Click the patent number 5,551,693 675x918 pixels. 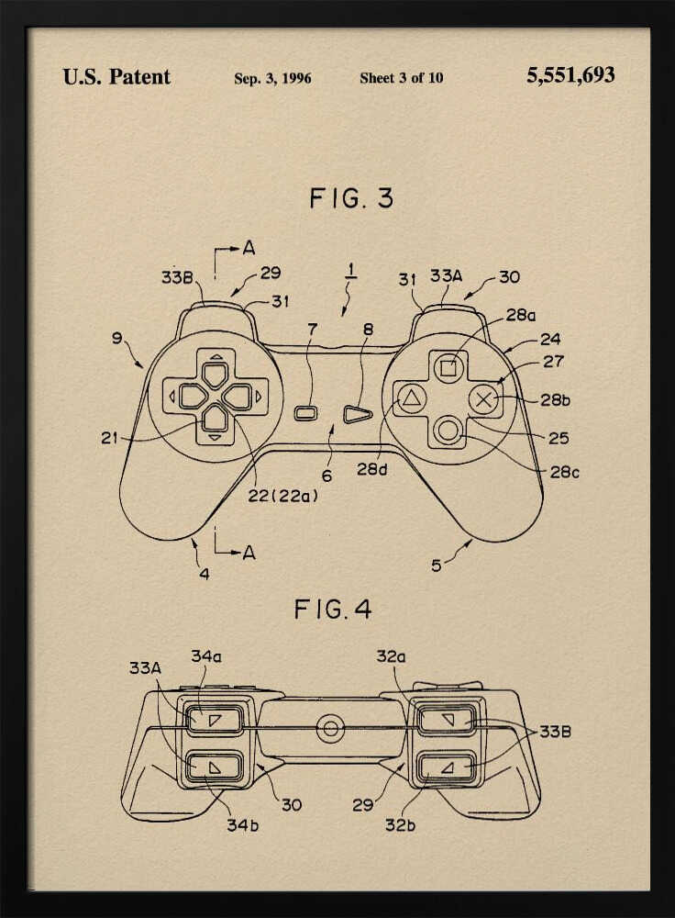570,76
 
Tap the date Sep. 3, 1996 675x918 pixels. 272,78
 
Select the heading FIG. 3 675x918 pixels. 350,197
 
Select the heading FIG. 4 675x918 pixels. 333,609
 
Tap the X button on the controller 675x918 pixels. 485,398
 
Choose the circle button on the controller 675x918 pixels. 448,430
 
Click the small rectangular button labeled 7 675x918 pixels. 306,415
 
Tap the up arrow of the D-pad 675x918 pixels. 215,374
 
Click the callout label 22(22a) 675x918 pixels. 285,497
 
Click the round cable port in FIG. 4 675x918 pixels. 330,730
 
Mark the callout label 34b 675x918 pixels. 243,824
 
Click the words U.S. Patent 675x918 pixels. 116,77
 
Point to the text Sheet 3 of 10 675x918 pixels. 401,78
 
